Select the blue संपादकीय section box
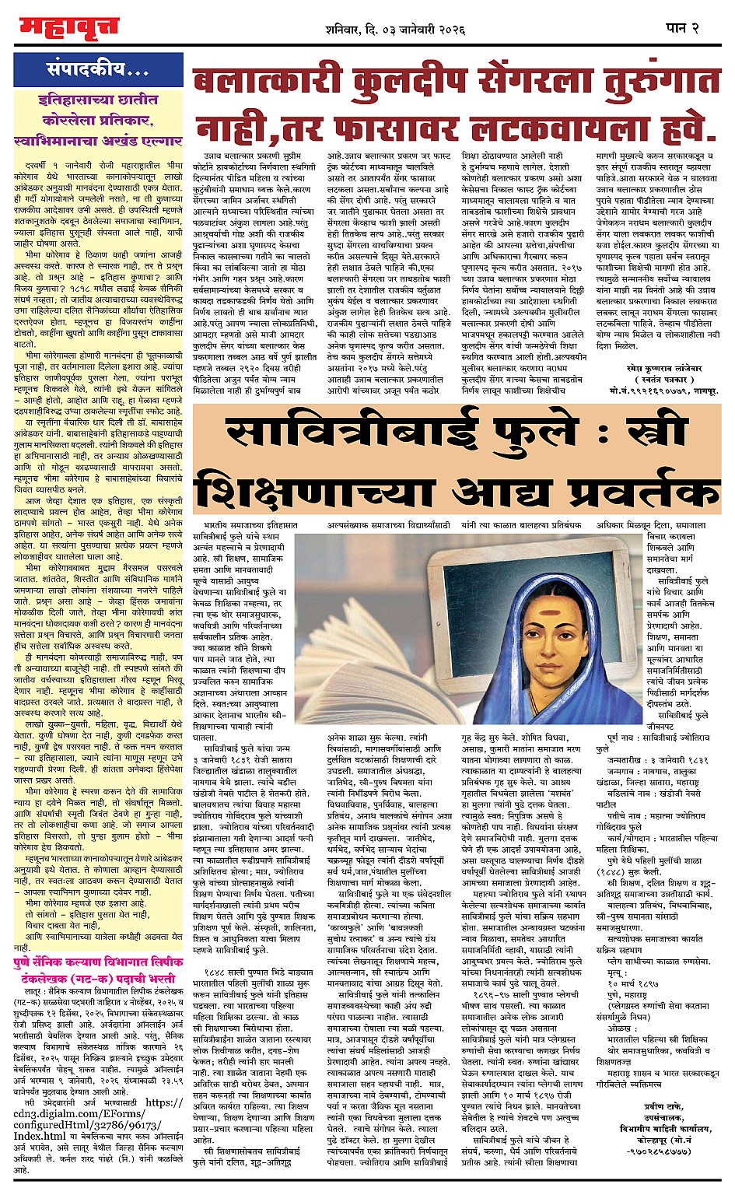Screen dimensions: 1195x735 (98, 70)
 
